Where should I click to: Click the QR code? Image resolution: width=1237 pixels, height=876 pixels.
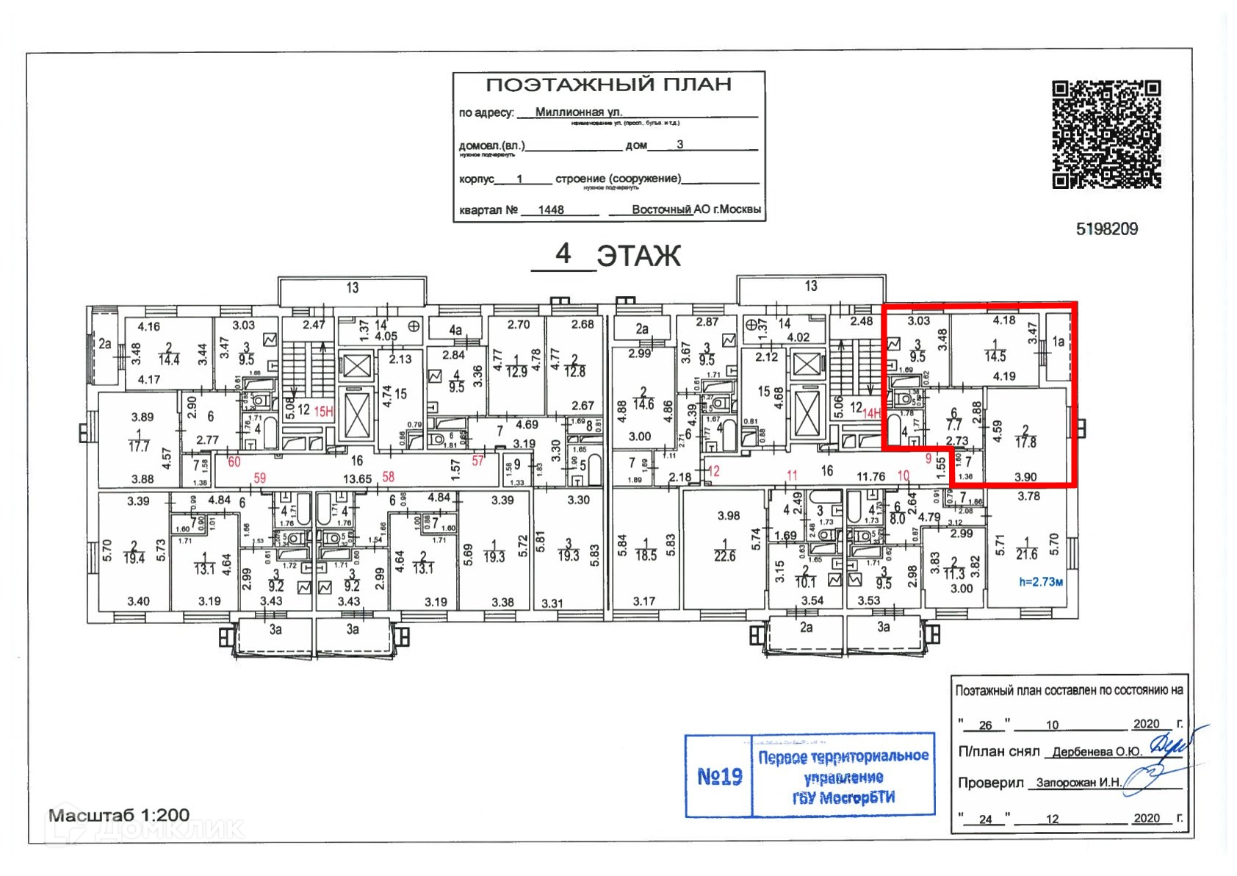1106,134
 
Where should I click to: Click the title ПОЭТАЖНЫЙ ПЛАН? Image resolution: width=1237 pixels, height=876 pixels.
608,85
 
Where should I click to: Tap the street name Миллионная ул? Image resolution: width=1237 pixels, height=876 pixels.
578,112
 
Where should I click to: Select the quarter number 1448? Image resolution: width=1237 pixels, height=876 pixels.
551,210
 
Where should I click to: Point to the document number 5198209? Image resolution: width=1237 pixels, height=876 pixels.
1106,229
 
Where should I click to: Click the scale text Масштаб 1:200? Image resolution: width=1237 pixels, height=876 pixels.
119,815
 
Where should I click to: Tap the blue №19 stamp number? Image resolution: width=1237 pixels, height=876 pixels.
719,776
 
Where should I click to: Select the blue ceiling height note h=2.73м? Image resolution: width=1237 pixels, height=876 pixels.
1041,582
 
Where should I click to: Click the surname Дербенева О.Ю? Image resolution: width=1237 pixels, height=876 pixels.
1097,752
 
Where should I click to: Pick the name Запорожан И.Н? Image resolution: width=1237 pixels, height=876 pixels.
1078,783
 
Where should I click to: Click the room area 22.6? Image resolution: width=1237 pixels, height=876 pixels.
724,556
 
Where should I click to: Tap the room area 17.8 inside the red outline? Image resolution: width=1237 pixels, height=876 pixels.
1025,442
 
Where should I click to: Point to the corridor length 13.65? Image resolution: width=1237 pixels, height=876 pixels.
357,478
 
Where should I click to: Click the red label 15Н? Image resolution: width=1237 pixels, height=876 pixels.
324,412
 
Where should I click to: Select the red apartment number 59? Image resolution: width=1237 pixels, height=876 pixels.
260,478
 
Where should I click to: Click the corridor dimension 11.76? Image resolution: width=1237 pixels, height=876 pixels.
870,477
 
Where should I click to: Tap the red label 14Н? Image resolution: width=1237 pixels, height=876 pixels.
871,414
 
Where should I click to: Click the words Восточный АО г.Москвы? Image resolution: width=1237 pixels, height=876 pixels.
696,209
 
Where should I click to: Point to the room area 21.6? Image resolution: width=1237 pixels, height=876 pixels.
1026,554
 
